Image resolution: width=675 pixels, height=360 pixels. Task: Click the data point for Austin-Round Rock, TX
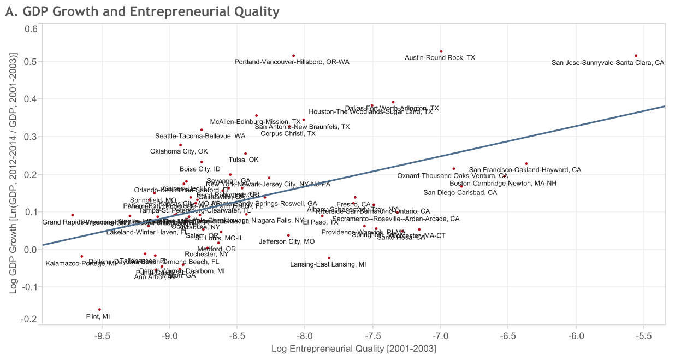click(441, 51)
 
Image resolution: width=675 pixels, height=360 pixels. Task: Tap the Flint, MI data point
click(99, 310)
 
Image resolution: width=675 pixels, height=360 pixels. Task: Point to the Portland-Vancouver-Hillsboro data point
click(293, 56)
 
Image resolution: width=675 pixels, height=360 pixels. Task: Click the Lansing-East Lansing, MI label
click(328, 264)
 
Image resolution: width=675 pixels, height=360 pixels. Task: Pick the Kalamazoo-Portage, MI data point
click(82, 256)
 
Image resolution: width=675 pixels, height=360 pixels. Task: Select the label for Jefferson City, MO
click(287, 241)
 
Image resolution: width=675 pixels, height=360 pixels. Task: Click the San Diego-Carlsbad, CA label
click(460, 193)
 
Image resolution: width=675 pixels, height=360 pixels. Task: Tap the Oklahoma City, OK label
click(179, 151)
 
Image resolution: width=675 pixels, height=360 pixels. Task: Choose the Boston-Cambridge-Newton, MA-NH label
click(503, 184)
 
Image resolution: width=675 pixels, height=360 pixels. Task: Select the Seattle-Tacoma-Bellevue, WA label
click(200, 136)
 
